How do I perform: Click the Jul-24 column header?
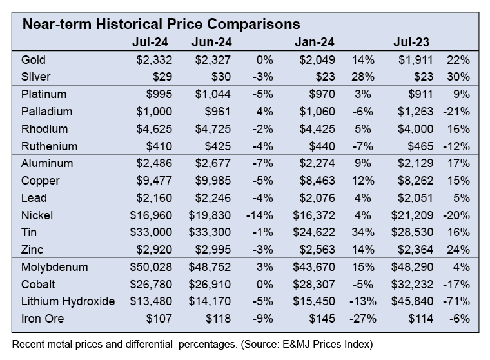pos(150,43)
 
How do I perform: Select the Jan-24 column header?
pos(314,43)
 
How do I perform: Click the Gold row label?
pos(34,60)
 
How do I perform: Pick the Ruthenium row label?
pos(49,146)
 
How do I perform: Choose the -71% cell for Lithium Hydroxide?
pos(458,301)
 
